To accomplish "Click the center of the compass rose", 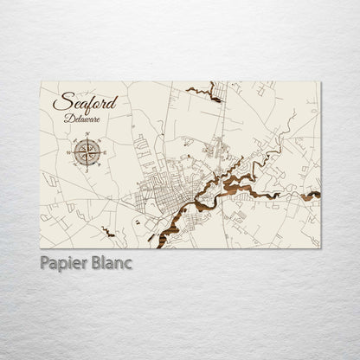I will pos(86,152).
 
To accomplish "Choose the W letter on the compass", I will pos(69,152).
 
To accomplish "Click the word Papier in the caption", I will pos(62,262).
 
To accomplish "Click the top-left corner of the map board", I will pos(42,83).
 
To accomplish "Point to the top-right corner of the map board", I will pos(320,83).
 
